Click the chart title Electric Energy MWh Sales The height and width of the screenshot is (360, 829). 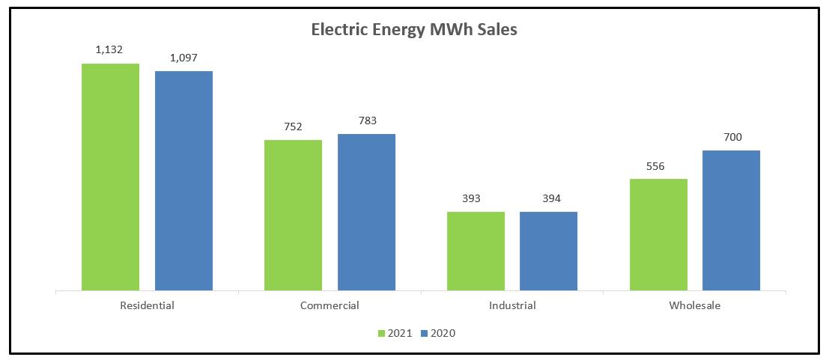point(414,31)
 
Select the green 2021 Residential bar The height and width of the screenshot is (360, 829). point(110,177)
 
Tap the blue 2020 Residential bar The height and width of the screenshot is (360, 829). point(183,180)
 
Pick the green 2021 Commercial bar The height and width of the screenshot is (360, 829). point(293,215)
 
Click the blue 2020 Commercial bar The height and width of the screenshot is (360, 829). point(366,212)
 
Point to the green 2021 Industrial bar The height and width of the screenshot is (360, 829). point(476,251)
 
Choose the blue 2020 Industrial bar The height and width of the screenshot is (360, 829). point(548,251)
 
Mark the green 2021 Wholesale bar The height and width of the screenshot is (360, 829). point(658,234)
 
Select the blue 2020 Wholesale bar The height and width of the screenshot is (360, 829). point(731,220)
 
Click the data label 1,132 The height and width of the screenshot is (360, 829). point(109,50)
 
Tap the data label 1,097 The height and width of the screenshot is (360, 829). point(183,58)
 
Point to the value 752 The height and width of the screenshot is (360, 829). point(293,126)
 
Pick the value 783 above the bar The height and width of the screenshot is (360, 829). point(366,120)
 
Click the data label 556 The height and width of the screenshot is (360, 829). point(658,166)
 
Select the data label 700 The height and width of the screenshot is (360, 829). point(731,137)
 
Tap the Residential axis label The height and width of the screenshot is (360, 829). point(147,305)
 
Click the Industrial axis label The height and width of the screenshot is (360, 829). point(512,305)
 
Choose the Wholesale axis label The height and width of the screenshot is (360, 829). point(695,305)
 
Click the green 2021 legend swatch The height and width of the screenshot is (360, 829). point(380,333)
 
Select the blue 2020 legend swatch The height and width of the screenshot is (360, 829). point(423,333)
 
